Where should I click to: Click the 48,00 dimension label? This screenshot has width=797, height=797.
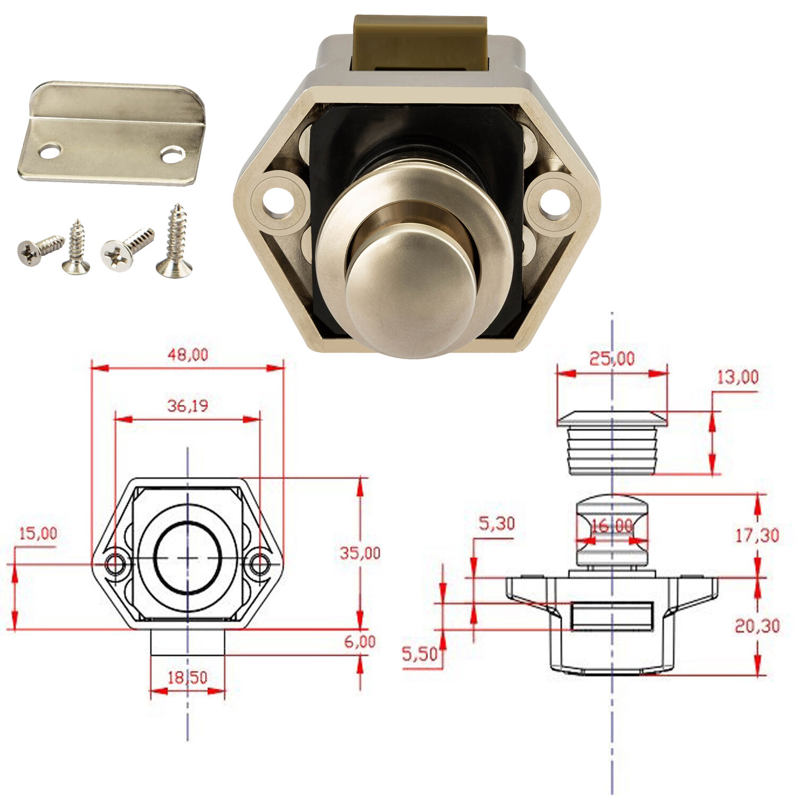tap(188, 354)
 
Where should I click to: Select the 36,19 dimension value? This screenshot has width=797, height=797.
tap(188, 406)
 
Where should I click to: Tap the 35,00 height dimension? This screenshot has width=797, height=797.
tap(360, 553)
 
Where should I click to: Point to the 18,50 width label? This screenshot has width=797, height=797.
tap(188, 677)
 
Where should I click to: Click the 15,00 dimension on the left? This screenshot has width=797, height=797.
tap(38, 533)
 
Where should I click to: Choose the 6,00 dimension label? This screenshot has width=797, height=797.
tap(360, 641)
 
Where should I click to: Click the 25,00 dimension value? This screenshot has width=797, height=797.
tap(612, 359)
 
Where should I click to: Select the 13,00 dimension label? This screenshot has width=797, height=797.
tap(737, 377)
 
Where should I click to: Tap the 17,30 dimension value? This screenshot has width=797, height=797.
tap(757, 535)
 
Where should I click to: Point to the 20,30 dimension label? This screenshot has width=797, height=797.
tap(757, 626)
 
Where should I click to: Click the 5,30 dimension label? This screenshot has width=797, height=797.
tap(497, 524)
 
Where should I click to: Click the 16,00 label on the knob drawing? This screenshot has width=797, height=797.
tap(612, 526)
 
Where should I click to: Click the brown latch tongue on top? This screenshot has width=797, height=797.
tap(420, 43)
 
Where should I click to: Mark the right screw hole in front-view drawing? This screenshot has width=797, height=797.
tap(260, 564)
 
